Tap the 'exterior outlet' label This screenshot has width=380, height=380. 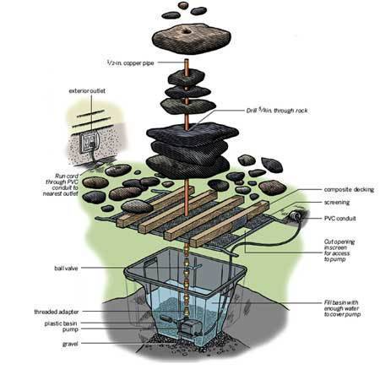(89, 90)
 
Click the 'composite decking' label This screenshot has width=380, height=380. (346, 190)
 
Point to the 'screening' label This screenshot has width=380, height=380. (338, 204)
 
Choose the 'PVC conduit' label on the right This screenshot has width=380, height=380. (341, 220)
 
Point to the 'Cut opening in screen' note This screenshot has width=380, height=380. (342, 250)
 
